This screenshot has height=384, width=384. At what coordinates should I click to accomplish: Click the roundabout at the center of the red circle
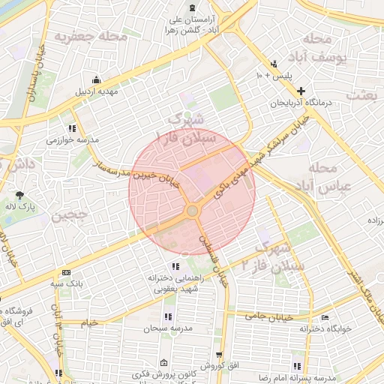click(x=192, y=211)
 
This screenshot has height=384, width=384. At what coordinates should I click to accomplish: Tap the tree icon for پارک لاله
click(x=19, y=196)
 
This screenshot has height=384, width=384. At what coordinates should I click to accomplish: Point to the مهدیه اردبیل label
click(x=96, y=93)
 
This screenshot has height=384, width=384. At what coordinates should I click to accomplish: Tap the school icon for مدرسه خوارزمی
click(x=72, y=128)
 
